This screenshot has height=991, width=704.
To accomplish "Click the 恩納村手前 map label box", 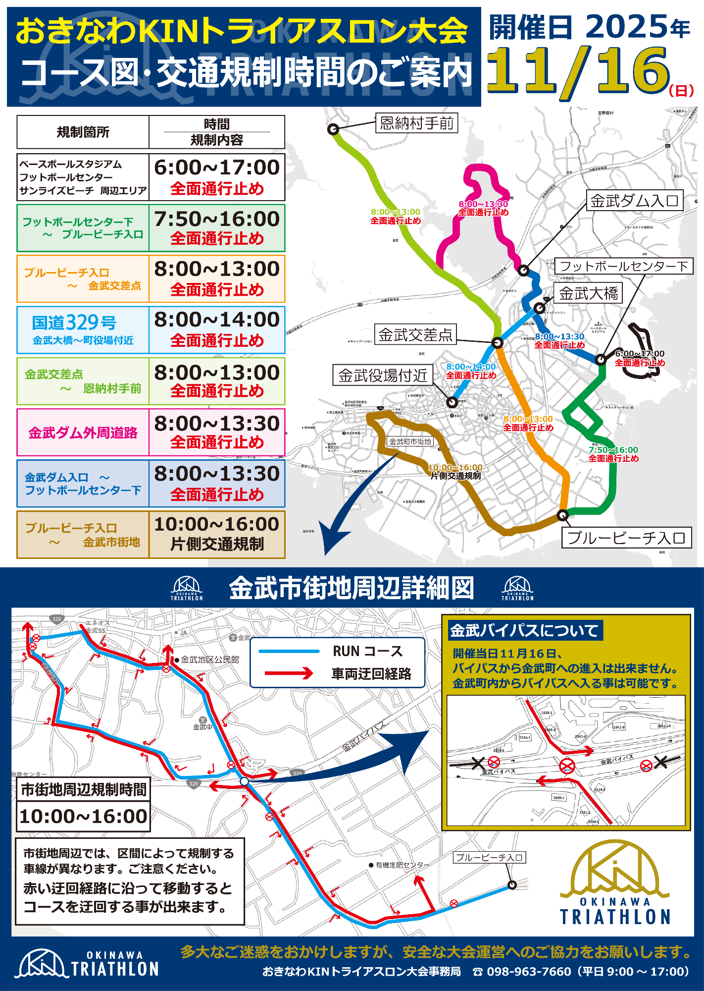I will [417, 123].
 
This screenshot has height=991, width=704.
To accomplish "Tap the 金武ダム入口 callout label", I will [634, 201].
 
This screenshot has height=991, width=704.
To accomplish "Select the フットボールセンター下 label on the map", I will [623, 267].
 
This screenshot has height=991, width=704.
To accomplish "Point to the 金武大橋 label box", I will [588, 293].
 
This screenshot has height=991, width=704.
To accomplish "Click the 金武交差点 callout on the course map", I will [415, 335].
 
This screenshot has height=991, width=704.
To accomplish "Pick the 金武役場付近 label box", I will [383, 376].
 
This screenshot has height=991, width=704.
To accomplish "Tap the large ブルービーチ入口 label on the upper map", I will [626, 538].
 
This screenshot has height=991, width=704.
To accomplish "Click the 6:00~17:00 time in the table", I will [217, 167].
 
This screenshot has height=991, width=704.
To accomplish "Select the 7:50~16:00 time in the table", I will [217, 219].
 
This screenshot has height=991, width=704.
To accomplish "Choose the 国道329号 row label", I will [74, 323].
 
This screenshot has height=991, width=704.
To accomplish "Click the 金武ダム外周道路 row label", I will [83, 433].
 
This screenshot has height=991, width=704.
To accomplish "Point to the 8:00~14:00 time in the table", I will [217, 320].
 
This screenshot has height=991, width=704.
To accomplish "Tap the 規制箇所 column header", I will [83, 132].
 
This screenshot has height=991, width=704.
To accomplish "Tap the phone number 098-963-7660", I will [528, 972].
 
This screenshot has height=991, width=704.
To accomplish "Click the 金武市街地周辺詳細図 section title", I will [352, 588].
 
